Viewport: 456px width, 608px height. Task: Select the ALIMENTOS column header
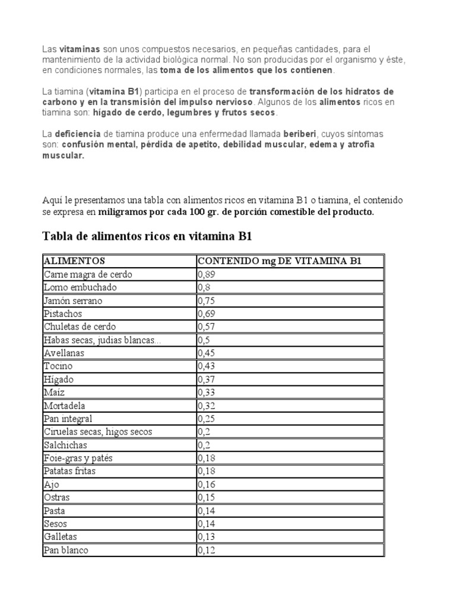click(74, 261)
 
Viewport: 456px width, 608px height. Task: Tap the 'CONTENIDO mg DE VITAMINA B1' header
click(279, 261)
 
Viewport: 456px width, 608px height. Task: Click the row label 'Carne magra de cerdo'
click(88, 274)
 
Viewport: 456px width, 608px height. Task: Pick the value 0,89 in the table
click(206, 274)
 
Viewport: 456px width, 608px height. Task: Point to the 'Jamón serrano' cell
click(72, 300)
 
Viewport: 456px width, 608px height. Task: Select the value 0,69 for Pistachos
click(206, 313)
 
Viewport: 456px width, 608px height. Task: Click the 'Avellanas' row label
click(64, 353)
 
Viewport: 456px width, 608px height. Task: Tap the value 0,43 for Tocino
click(206, 366)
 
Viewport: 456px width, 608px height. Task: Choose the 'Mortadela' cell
click(65, 406)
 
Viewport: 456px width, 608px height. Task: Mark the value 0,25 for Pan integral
click(206, 419)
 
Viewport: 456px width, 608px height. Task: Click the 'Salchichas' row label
click(65, 445)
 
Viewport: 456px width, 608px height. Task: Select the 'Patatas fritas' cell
click(69, 471)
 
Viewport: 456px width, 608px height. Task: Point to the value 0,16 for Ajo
click(206, 484)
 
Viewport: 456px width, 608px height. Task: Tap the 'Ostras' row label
click(56, 498)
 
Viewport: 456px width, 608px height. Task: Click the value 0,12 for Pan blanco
click(206, 550)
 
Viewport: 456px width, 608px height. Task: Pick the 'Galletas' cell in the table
click(60, 537)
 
